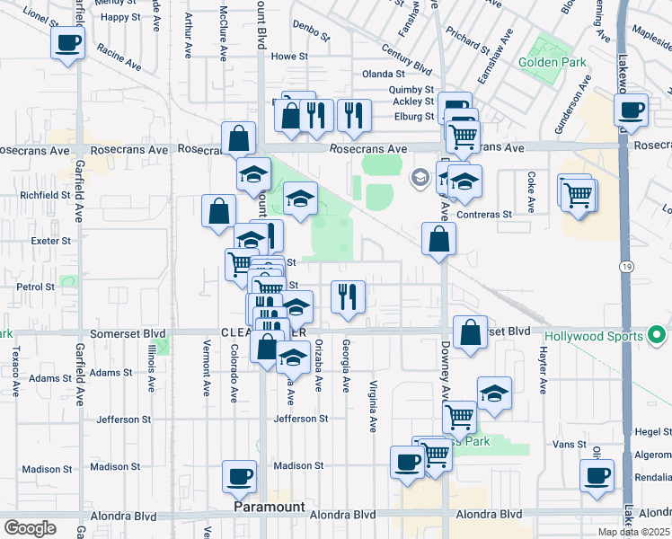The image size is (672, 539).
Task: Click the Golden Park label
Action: tap(553, 64)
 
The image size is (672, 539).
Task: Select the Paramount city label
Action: tap(270, 507)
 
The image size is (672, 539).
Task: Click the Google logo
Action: tap(30, 527)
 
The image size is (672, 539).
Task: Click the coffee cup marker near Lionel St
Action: tap(68, 43)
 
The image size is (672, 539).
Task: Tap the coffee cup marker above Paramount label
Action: tap(240, 477)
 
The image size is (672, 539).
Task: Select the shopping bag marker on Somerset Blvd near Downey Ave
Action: tap(471, 332)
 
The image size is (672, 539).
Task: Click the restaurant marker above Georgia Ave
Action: tap(348, 296)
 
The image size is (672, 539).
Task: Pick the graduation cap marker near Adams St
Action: tap(293, 358)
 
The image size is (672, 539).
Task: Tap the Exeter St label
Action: tap(50, 241)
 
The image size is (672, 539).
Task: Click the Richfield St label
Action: tap(46, 194)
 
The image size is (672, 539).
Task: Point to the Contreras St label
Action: tap(483, 215)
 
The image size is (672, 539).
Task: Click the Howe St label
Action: tap(289, 56)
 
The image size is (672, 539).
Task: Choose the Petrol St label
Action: tap(37, 287)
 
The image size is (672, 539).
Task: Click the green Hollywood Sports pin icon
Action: tap(657, 337)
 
